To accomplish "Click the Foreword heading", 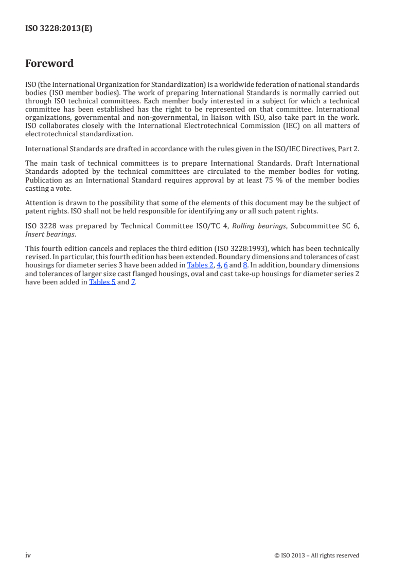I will point(49,64).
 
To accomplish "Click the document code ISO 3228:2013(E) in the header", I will point(59,29).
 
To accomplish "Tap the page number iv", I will point(28,555).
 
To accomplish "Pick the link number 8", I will point(245,265).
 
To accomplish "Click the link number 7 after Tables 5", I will point(133,282).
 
